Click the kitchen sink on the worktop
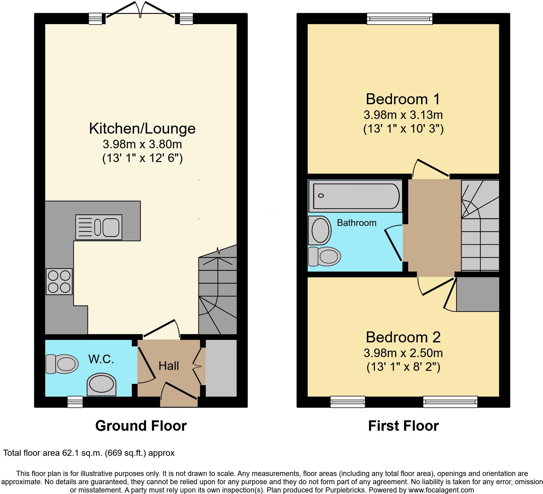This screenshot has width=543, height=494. click(99, 227)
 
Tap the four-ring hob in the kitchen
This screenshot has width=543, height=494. click(59, 282)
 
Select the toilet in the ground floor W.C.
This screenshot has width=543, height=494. click(62, 364)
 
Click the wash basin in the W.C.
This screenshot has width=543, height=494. click(102, 384)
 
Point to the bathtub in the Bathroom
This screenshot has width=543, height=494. click(355, 196)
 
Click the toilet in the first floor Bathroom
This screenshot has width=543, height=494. click(324, 256)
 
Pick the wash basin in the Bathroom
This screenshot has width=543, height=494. click(320, 230)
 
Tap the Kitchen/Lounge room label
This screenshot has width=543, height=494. click(142, 128)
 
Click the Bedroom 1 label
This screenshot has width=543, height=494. click(403, 99)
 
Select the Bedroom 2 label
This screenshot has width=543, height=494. click(403, 337)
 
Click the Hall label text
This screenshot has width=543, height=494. click(168, 366)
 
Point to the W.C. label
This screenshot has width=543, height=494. click(101, 359)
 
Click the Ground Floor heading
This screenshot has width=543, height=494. click(141, 426)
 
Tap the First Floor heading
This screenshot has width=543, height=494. click(403, 426)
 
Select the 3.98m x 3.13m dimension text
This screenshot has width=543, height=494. click(403, 115)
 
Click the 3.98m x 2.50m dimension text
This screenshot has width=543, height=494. click(403, 353)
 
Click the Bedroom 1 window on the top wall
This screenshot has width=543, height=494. click(400, 19)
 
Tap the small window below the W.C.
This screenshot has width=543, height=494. click(75, 402)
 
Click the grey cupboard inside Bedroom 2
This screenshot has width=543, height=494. click(478, 294)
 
